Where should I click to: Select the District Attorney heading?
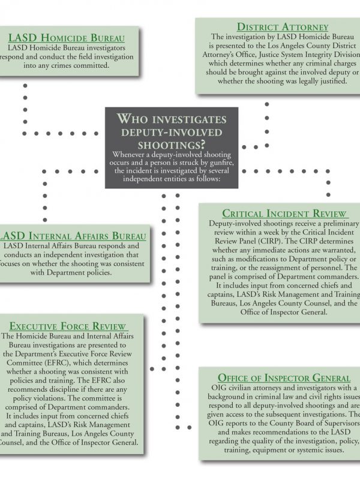[x=282, y=26]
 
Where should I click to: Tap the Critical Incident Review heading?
[x=284, y=214]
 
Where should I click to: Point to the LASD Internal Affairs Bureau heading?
[x=73, y=236]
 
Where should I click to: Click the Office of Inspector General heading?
[x=284, y=378]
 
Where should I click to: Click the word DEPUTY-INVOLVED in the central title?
[x=172, y=131]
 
